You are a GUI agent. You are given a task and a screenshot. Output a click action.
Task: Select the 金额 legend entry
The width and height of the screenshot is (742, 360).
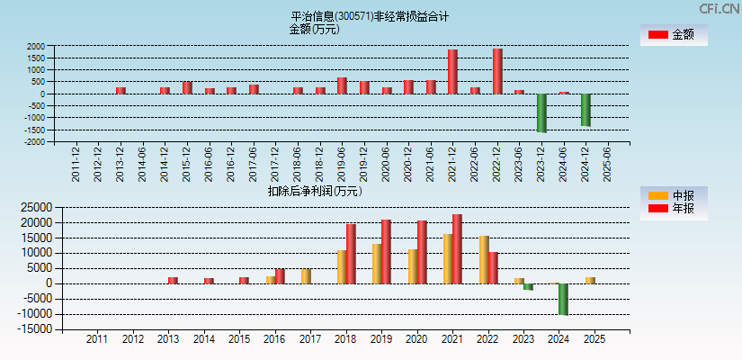pos(673,34)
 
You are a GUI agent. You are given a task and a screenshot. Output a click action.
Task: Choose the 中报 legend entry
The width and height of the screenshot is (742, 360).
pos(673,196)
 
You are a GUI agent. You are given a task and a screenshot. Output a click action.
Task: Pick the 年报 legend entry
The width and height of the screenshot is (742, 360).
pos(673,209)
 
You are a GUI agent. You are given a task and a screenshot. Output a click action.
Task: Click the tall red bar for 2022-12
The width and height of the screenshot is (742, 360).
pos(497,71)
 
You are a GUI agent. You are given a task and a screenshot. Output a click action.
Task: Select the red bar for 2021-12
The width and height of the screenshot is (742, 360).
pos(452,72)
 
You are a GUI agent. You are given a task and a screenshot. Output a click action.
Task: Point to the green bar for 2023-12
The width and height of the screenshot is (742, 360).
pos(541,112)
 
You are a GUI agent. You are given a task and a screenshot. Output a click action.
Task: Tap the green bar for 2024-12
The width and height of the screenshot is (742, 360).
pos(586,110)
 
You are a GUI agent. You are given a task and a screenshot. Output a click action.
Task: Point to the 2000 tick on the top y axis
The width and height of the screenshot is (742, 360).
pos(36,46)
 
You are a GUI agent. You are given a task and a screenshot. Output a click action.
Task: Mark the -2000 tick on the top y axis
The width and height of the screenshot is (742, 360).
pos(34,141)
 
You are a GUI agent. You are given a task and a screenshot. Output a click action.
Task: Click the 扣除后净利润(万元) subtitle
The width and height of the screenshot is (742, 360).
pos(315,191)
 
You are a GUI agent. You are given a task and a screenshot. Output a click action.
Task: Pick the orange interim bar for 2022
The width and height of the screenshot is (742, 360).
pos(484,259)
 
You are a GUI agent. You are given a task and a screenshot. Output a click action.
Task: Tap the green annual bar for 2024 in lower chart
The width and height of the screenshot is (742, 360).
pos(563,299)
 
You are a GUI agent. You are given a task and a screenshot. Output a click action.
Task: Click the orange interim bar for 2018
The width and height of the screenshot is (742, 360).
pos(342,266)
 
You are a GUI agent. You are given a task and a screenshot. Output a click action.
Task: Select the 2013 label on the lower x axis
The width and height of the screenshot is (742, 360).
pos(168,339)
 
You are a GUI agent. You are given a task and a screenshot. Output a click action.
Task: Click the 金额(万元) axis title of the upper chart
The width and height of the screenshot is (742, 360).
pos(314,29)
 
